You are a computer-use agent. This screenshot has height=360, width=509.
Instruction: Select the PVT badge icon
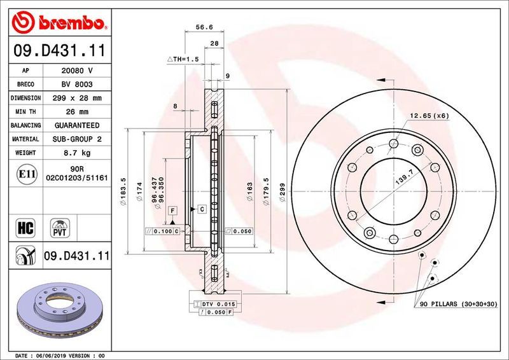click(x=61, y=227)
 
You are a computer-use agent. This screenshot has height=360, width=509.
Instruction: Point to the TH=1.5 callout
click(x=184, y=59)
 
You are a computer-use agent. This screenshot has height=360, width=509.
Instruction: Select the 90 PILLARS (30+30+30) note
click(x=458, y=305)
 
